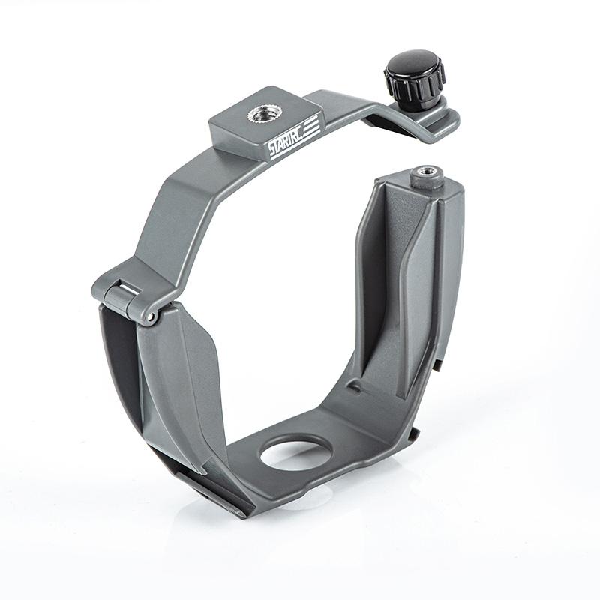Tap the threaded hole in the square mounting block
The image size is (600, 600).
261,114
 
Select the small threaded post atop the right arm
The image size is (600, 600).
426,177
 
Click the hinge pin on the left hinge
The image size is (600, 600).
151,317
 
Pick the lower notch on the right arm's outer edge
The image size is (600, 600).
413,433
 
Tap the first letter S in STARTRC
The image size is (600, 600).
271,151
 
